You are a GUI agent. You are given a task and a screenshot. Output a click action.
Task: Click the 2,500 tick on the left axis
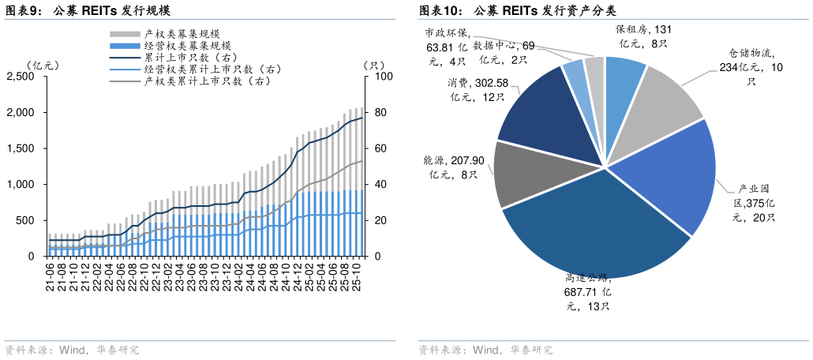click(x=21, y=77)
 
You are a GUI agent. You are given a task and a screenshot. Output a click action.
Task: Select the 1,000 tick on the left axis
click(x=21, y=185)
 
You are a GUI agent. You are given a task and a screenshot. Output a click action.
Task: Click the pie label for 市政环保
click(x=447, y=47)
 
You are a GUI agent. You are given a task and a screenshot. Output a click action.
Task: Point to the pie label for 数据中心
click(x=505, y=52)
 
